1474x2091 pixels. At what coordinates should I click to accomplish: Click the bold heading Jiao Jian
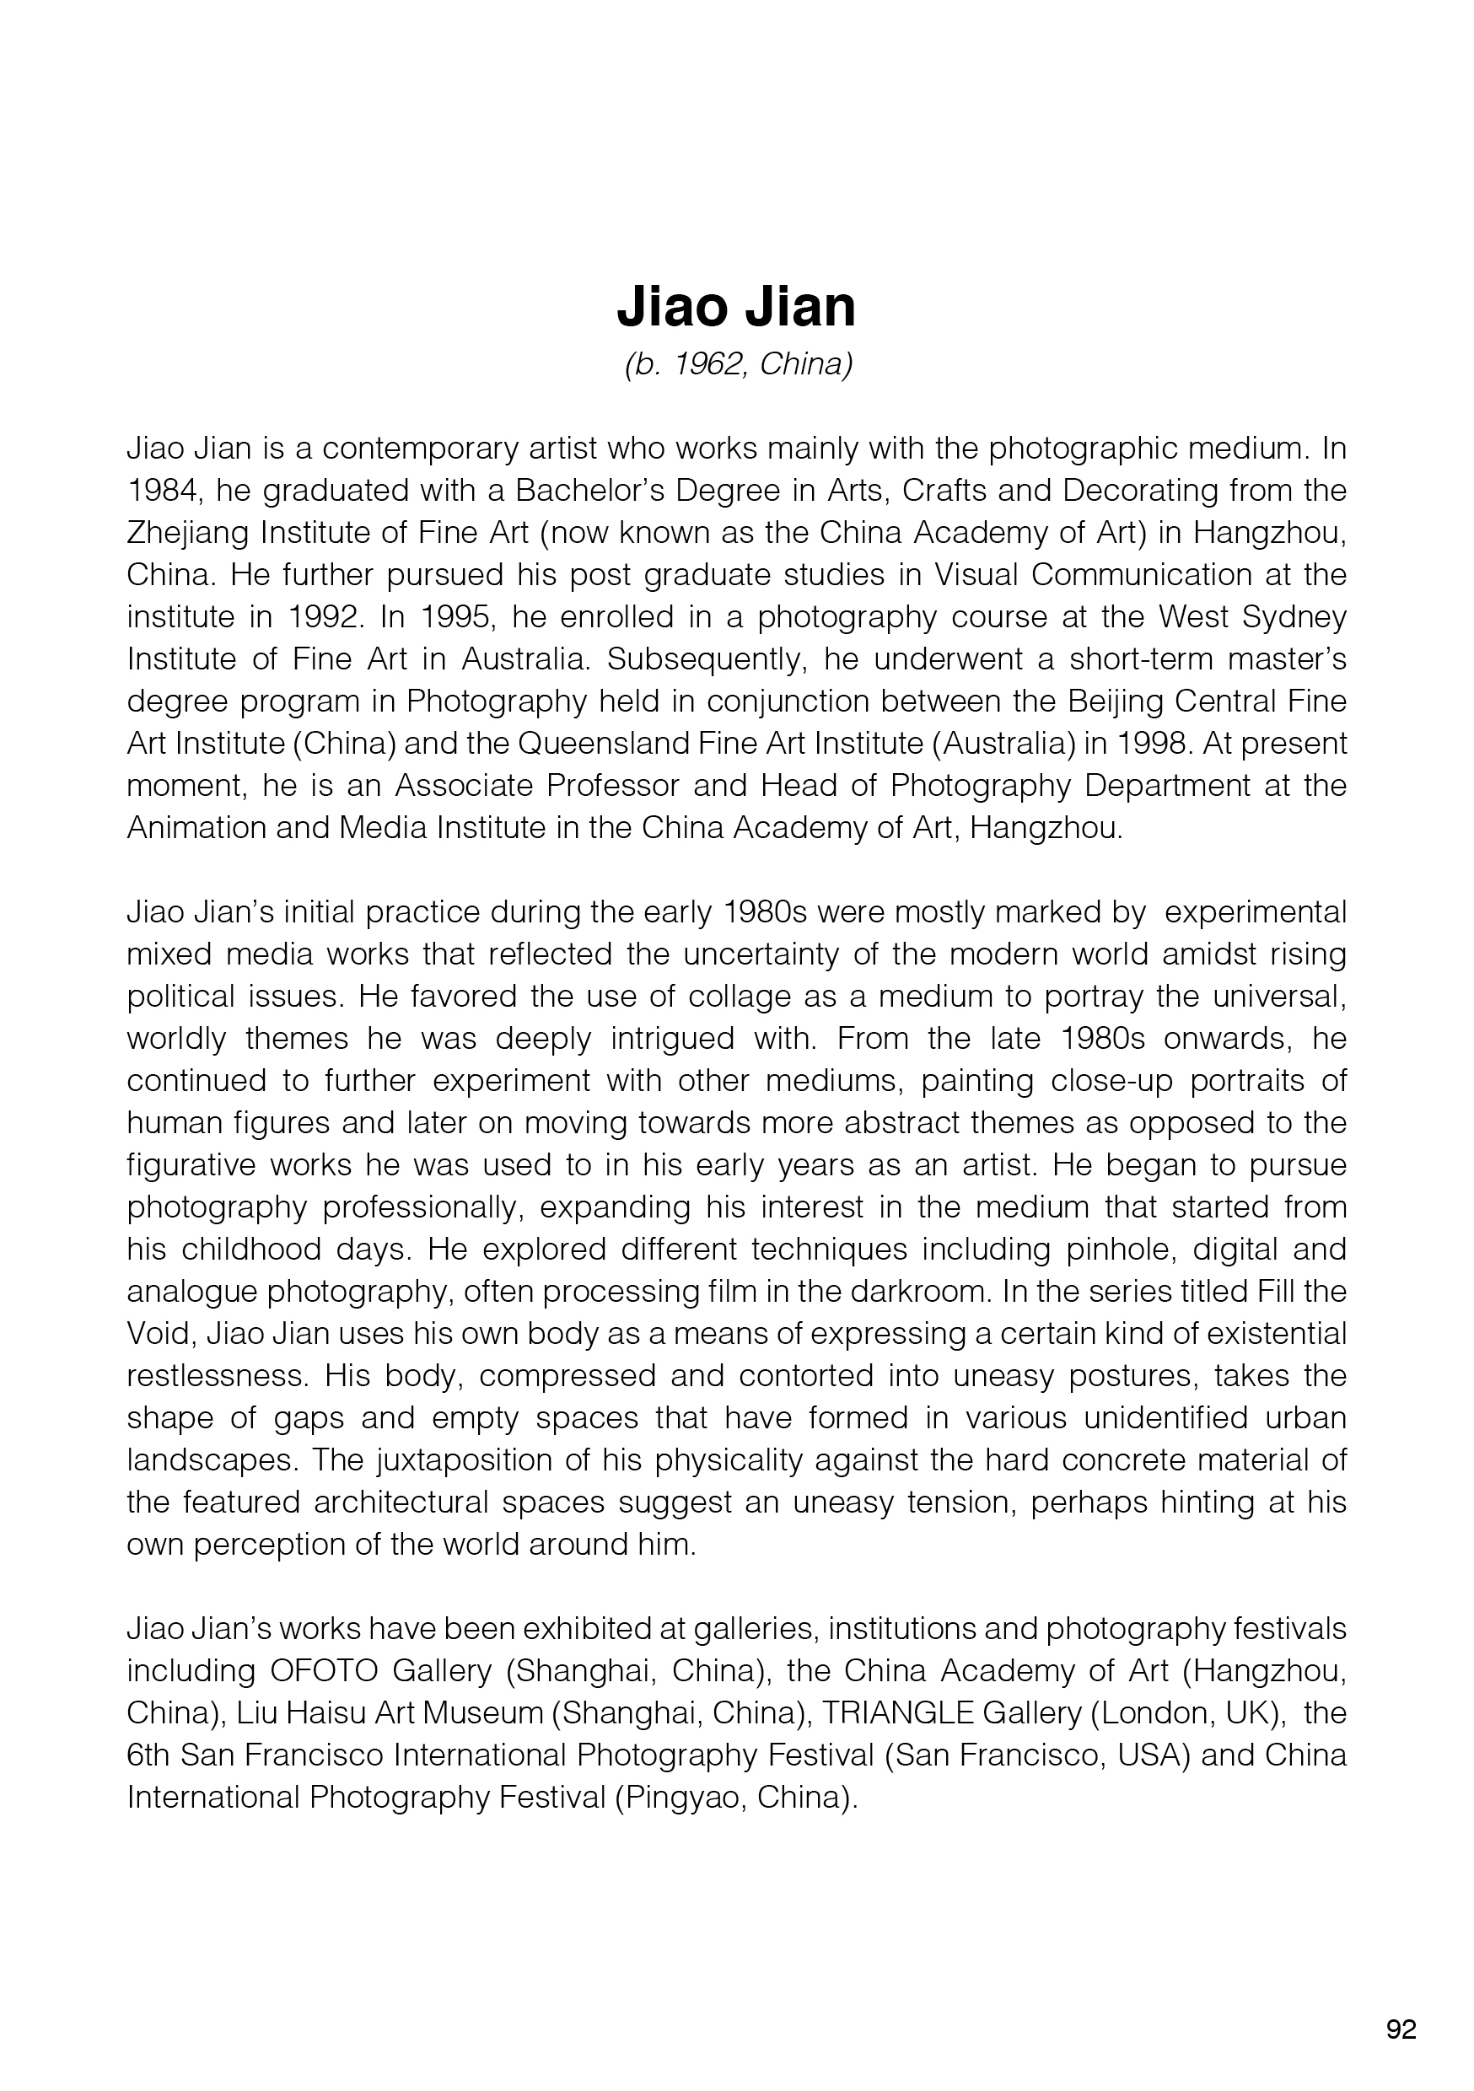[x=736, y=308]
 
